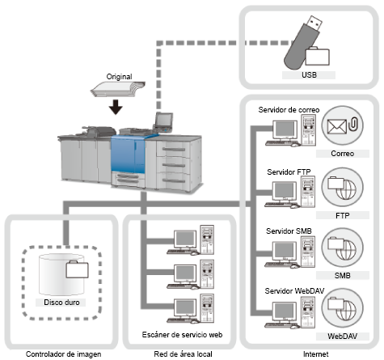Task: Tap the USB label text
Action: tap(309, 75)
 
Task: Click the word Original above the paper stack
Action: tap(119, 77)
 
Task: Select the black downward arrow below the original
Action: tap(116, 107)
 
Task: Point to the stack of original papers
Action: tap(118, 89)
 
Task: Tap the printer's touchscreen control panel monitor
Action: tap(163, 121)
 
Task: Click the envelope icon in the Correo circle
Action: tap(337, 126)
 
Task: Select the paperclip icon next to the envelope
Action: tap(353, 124)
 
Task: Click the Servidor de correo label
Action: tap(289, 110)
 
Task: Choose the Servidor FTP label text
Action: tap(289, 172)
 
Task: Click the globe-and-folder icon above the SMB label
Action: tap(342, 248)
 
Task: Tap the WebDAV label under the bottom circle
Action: tap(343, 337)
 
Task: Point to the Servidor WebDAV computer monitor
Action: tap(285, 311)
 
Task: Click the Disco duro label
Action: tap(61, 303)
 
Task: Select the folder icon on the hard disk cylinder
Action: tap(77, 269)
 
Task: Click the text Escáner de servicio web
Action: tap(182, 335)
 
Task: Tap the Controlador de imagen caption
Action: tap(64, 354)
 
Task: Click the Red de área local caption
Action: tap(183, 354)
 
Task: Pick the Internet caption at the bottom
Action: tap(316, 354)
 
